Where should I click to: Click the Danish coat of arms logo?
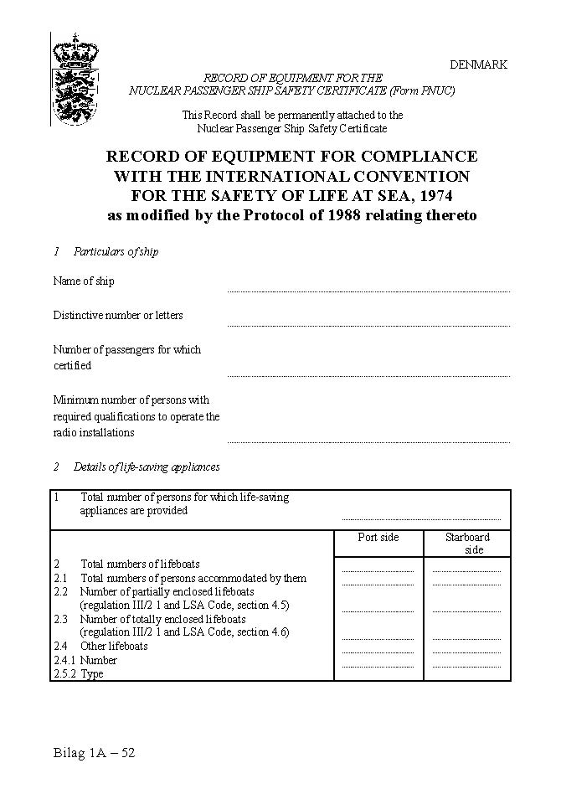click(75, 80)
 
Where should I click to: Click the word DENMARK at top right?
click(478, 64)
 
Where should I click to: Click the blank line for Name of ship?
click(368, 290)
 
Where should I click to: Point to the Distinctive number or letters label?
click(118, 315)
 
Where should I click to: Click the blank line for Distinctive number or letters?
click(368, 324)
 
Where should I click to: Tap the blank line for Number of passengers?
click(368, 374)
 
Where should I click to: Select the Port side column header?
click(378, 537)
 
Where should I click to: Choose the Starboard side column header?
click(468, 543)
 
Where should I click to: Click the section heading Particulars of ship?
click(116, 251)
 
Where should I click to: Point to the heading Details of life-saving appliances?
click(147, 467)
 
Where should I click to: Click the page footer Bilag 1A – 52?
click(94, 752)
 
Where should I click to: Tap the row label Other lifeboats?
click(114, 646)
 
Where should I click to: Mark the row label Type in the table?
click(92, 673)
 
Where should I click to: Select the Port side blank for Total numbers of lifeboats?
click(378, 570)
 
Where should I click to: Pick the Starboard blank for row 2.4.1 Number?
click(466, 665)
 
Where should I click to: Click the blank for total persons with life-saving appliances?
click(420, 518)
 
